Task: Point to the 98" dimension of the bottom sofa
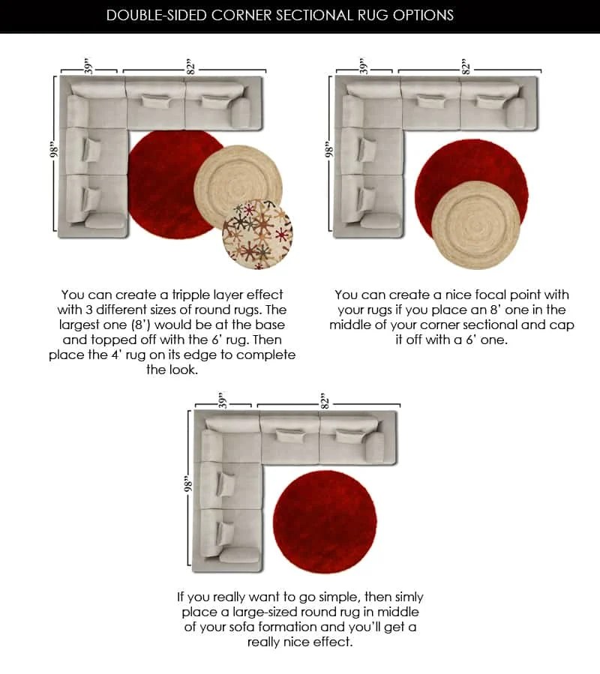coord(187,486)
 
